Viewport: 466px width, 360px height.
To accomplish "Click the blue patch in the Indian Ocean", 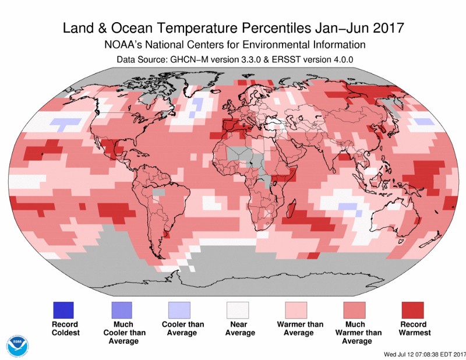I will click(348, 206).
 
